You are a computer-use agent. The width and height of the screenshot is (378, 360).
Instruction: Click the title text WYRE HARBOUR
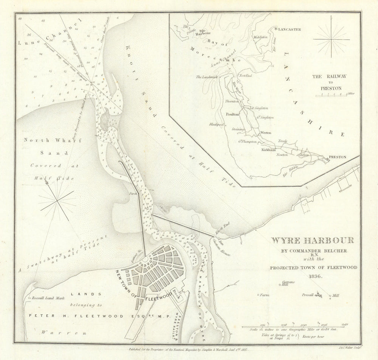312,240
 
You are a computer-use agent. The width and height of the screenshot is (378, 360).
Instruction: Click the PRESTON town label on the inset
338,157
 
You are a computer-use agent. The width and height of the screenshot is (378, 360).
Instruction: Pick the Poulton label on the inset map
232,114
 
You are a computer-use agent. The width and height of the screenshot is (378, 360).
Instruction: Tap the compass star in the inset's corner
331,39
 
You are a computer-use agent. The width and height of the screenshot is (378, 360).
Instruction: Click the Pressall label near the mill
308,295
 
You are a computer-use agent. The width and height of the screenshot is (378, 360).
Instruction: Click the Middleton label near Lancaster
260,37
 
